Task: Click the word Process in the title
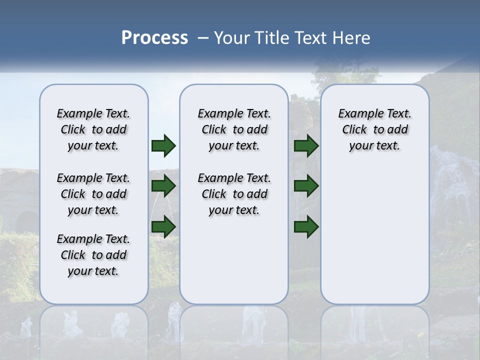click(x=154, y=38)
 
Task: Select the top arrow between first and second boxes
click(x=163, y=146)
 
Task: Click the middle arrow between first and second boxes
click(x=163, y=186)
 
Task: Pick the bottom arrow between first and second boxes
click(x=163, y=227)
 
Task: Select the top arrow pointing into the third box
click(x=306, y=146)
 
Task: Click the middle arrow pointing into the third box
click(x=306, y=186)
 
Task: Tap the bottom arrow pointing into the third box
click(x=306, y=227)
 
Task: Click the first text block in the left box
click(x=93, y=129)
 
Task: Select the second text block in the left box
click(x=93, y=194)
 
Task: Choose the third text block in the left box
click(x=93, y=255)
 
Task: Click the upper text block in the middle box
click(x=234, y=129)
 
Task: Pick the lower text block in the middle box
click(x=234, y=194)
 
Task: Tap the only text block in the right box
click(x=374, y=129)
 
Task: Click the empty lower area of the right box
click(x=374, y=235)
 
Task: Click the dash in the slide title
click(x=203, y=38)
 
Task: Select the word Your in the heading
click(x=232, y=38)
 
